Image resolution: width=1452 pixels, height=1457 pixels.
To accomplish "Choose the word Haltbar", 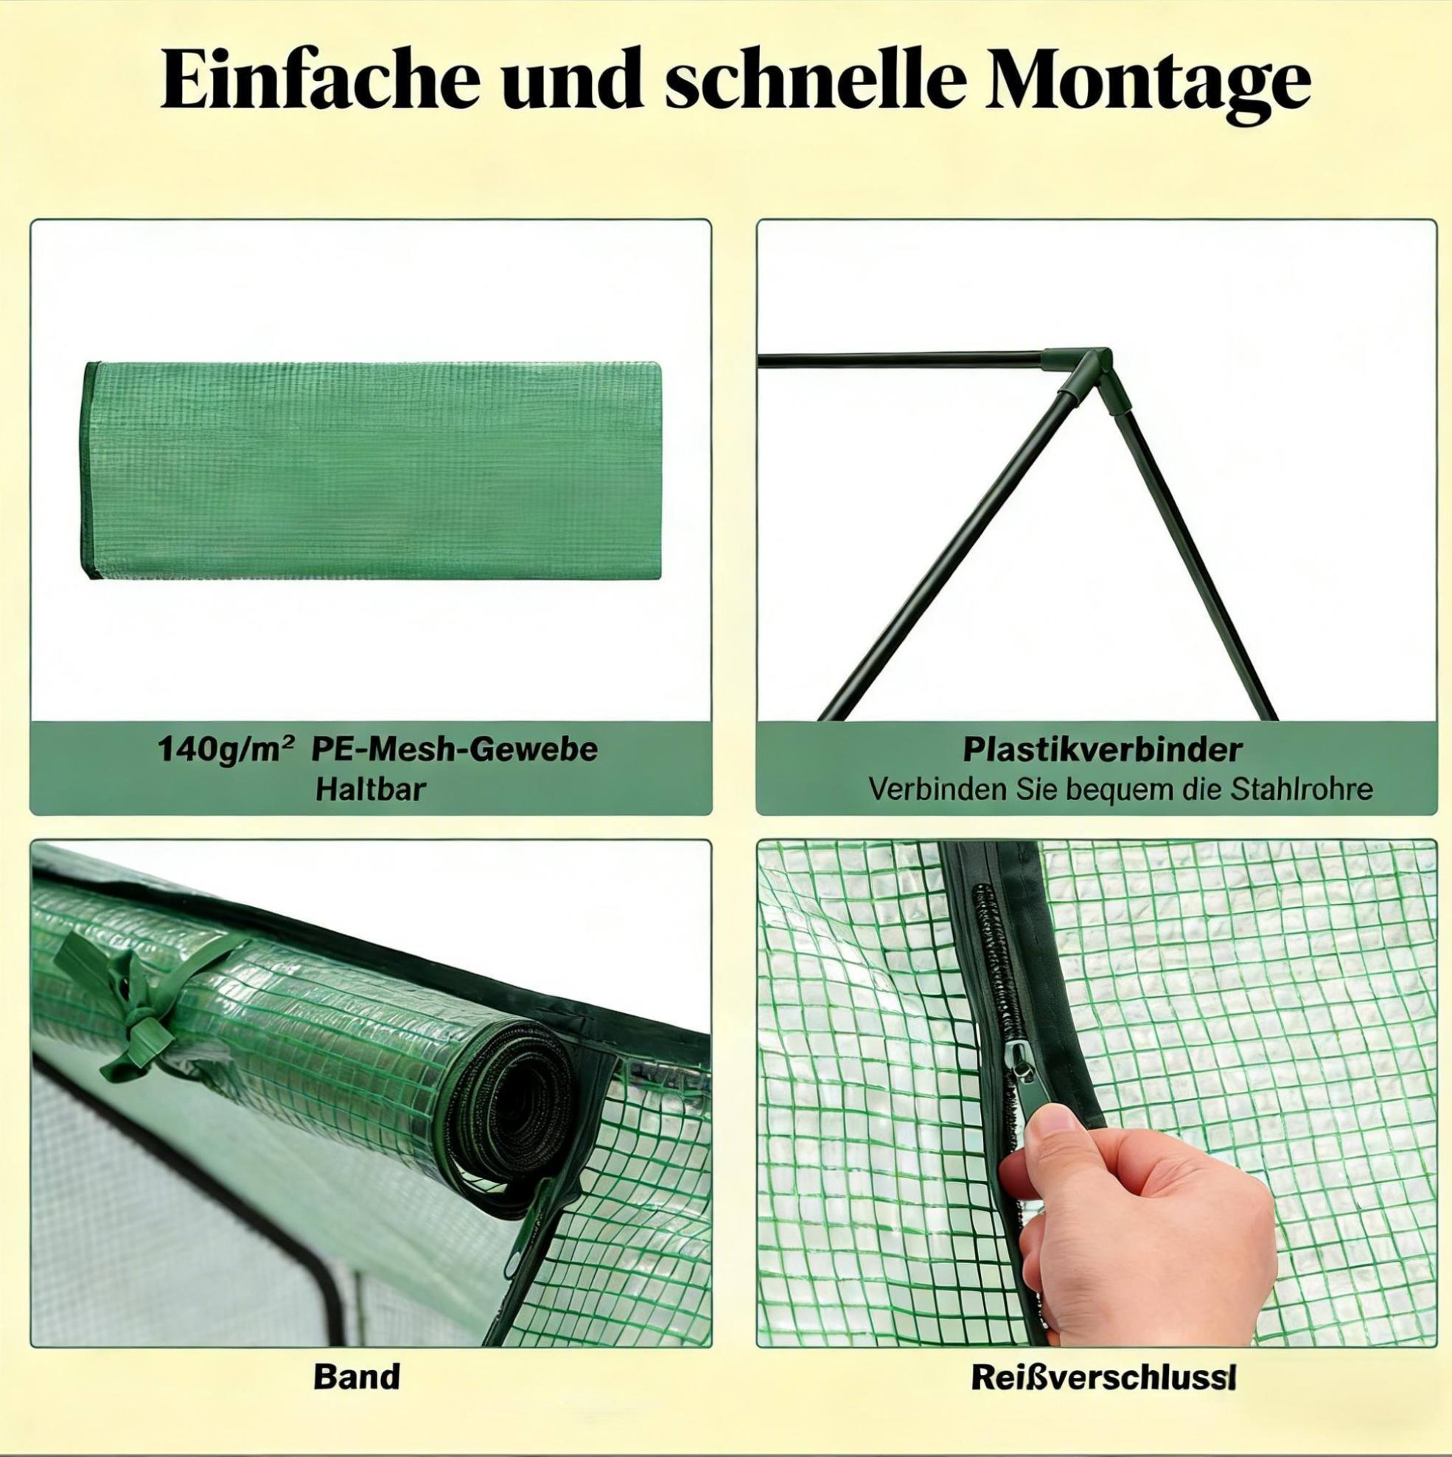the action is click(x=370, y=787).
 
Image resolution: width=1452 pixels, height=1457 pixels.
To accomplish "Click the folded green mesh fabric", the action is click(x=371, y=470).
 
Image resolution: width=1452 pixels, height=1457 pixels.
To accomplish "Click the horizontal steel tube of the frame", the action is click(x=901, y=359).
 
